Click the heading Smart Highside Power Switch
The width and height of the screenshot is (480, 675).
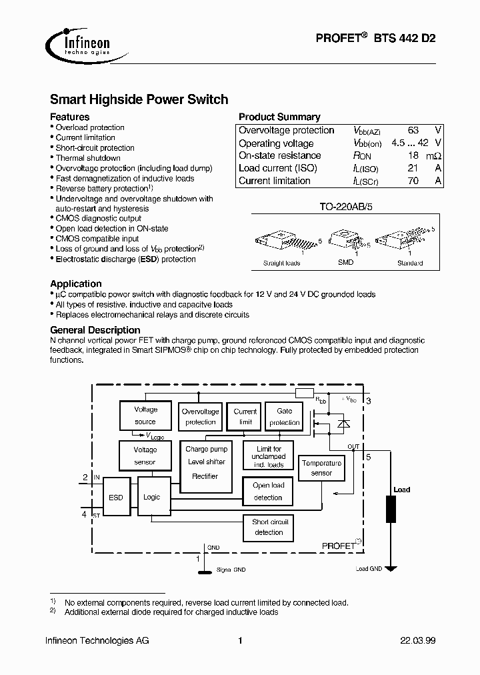pos(139,99)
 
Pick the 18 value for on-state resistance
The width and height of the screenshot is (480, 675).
pos(413,155)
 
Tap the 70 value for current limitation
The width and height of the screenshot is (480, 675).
pos(413,181)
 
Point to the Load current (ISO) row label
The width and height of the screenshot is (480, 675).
pos(278,168)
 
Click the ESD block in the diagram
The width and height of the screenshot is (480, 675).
pos(115,498)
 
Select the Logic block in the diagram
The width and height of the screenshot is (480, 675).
pos(151,498)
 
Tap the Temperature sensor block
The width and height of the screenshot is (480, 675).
pos(321,468)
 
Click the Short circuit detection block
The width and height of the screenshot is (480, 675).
pos(269,527)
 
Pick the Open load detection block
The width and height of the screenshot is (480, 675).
pos(269,492)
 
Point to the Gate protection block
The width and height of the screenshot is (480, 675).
pos(285,417)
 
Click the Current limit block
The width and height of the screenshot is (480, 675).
pos(245,417)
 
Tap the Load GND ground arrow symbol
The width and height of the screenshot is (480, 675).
pos(391,568)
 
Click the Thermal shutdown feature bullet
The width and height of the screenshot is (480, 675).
pos(88,158)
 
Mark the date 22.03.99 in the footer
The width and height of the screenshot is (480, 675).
pos(417,641)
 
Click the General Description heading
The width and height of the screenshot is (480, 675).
pos(95,329)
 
